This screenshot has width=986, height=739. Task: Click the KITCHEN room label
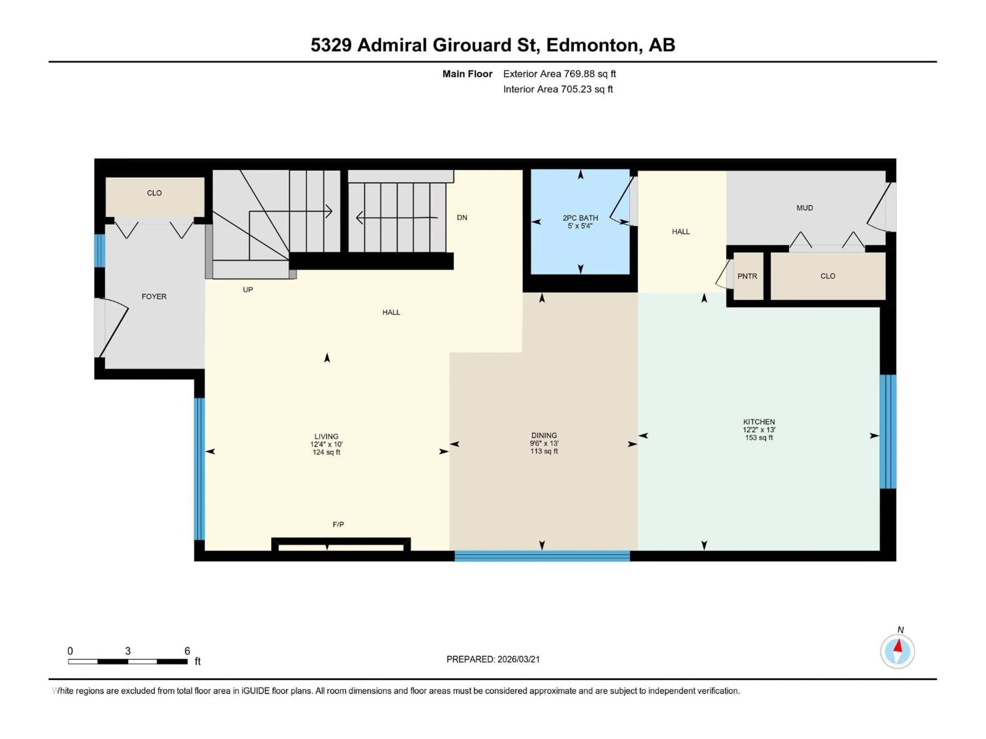tap(759, 421)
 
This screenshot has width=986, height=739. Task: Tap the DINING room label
tap(544, 435)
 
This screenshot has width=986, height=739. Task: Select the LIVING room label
tap(326, 436)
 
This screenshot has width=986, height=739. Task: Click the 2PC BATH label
tap(580, 218)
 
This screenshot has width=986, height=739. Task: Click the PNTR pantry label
tap(747, 276)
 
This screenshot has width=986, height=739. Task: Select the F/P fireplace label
tap(338, 524)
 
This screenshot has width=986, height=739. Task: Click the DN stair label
tap(462, 217)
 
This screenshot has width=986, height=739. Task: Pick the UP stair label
tap(248, 289)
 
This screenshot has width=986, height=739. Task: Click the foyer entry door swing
tap(114, 327)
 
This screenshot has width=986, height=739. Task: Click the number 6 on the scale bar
tap(187, 651)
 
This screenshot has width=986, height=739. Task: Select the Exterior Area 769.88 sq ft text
tap(560, 74)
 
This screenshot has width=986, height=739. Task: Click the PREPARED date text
tap(493, 659)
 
